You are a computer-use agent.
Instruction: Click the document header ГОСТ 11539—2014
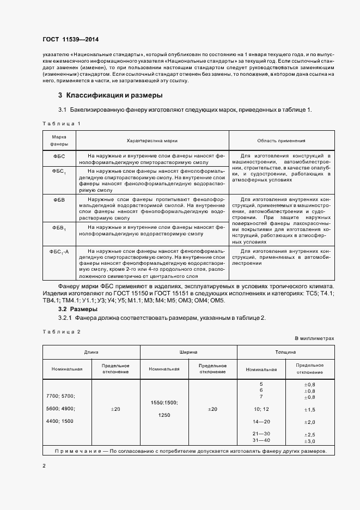tap(71, 40)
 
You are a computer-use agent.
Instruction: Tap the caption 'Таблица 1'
tap(61, 124)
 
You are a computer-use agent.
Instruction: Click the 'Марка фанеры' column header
tap(59, 141)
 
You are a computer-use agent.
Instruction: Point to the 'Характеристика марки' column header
tap(152, 141)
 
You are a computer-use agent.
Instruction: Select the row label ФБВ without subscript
tap(59, 201)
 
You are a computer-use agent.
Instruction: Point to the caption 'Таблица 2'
tap(61, 331)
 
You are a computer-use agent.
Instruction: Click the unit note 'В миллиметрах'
tap(314, 338)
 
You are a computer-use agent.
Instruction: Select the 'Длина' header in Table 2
tap(91, 353)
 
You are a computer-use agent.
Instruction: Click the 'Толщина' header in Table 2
tap(285, 353)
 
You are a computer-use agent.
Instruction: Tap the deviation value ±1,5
tap(309, 410)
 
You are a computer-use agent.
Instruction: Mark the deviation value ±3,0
tap(309, 440)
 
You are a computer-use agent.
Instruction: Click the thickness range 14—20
tap(261, 422)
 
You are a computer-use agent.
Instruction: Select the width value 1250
tap(164, 415)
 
